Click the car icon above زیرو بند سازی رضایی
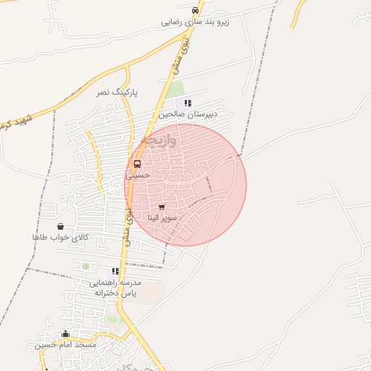[x=195, y=11]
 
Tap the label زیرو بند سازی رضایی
[x=195, y=22]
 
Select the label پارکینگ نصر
[x=118, y=93]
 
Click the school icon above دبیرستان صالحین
[x=188, y=104]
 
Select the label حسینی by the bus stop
[x=138, y=175]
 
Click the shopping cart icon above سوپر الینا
[x=161, y=207]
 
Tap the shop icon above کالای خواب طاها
[x=59, y=226]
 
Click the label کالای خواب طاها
[x=59, y=237]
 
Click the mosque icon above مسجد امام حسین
[x=66, y=334]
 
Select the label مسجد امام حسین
[x=66, y=345]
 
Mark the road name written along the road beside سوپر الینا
[x=128, y=227]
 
